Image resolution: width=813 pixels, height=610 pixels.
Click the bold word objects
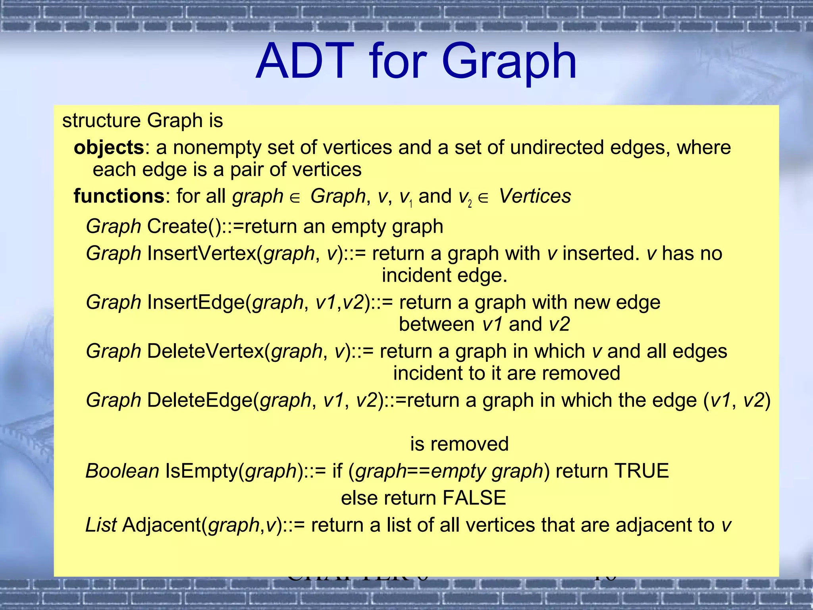[x=109, y=148]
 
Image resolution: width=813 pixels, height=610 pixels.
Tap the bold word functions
[x=119, y=196]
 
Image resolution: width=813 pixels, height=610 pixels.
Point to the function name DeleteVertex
[x=205, y=351]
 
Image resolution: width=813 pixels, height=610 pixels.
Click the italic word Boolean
[x=122, y=471]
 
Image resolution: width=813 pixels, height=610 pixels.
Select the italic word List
[x=101, y=525]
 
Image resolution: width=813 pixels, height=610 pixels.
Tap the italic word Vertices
[x=535, y=196]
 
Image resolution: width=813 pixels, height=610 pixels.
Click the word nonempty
[x=217, y=148]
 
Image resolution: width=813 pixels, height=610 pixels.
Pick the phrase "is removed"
[x=459, y=444]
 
